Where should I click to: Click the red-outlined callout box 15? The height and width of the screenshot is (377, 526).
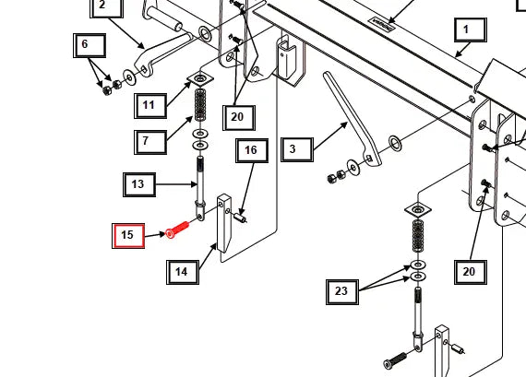pos(128,235)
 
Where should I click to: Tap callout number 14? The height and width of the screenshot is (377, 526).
pos(182,271)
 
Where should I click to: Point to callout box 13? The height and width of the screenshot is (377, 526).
pos(137,184)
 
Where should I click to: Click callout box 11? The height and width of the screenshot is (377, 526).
pos(149,105)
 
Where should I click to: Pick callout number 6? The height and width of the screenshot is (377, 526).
pos(85,44)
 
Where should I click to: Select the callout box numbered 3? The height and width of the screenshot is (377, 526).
pos(293,148)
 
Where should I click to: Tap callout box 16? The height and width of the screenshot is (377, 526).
pos(250,150)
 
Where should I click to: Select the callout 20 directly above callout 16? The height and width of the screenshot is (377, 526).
pos(238,117)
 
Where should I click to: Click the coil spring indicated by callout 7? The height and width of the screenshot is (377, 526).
pos(200,107)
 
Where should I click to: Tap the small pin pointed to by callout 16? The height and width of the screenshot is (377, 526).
pos(242,218)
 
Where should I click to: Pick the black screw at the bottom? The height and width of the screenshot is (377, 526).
pos(395,358)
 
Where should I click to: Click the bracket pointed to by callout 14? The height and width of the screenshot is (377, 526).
pos(222,221)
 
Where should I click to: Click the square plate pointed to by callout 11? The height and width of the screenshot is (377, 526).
pos(200,80)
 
